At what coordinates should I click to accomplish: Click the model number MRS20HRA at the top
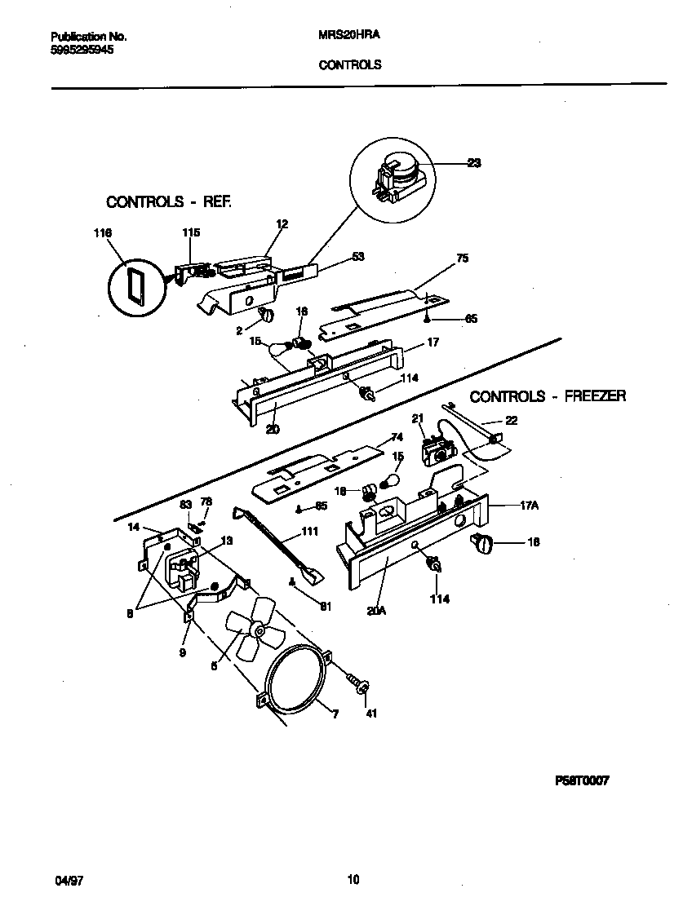pyautogui.click(x=348, y=37)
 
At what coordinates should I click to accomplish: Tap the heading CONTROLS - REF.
pyautogui.click(x=169, y=201)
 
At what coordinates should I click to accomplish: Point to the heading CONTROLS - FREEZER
pyautogui.click(x=548, y=396)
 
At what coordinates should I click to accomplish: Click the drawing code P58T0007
pyautogui.click(x=583, y=780)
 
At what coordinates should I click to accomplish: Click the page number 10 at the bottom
pyautogui.click(x=353, y=879)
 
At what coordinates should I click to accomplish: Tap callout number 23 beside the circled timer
pyautogui.click(x=473, y=163)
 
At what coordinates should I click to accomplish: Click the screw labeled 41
pyautogui.click(x=357, y=681)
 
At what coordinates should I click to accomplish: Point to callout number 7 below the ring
pyautogui.click(x=335, y=714)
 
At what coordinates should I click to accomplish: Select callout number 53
pyautogui.click(x=357, y=257)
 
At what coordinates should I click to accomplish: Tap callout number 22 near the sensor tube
pyautogui.click(x=511, y=421)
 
